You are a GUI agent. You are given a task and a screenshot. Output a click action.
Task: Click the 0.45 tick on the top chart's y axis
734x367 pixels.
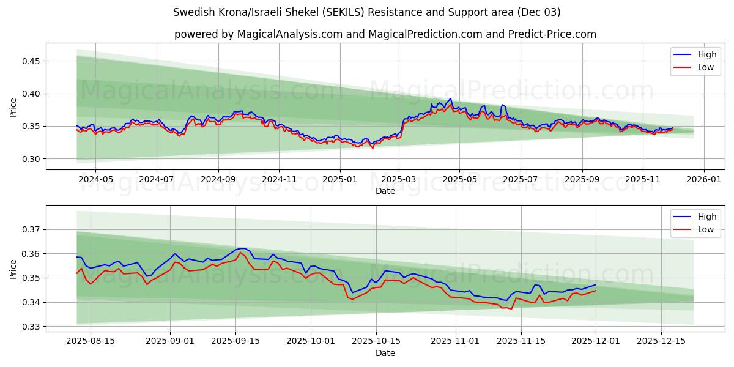click(31, 61)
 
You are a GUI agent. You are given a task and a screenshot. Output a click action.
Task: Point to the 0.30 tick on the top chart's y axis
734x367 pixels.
click(31, 159)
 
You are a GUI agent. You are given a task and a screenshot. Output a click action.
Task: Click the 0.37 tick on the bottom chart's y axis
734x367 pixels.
click(31, 229)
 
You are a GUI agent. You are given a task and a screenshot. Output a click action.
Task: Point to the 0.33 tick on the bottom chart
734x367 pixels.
click(31, 327)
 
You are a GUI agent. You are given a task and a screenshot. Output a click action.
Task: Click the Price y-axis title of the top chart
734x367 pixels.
click(13, 108)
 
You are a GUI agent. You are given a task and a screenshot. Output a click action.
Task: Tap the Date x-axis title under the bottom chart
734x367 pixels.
click(385, 353)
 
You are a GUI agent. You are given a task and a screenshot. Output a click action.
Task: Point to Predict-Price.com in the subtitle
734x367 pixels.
click(552, 34)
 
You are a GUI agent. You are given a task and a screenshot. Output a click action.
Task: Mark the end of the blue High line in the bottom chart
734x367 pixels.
click(596, 284)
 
